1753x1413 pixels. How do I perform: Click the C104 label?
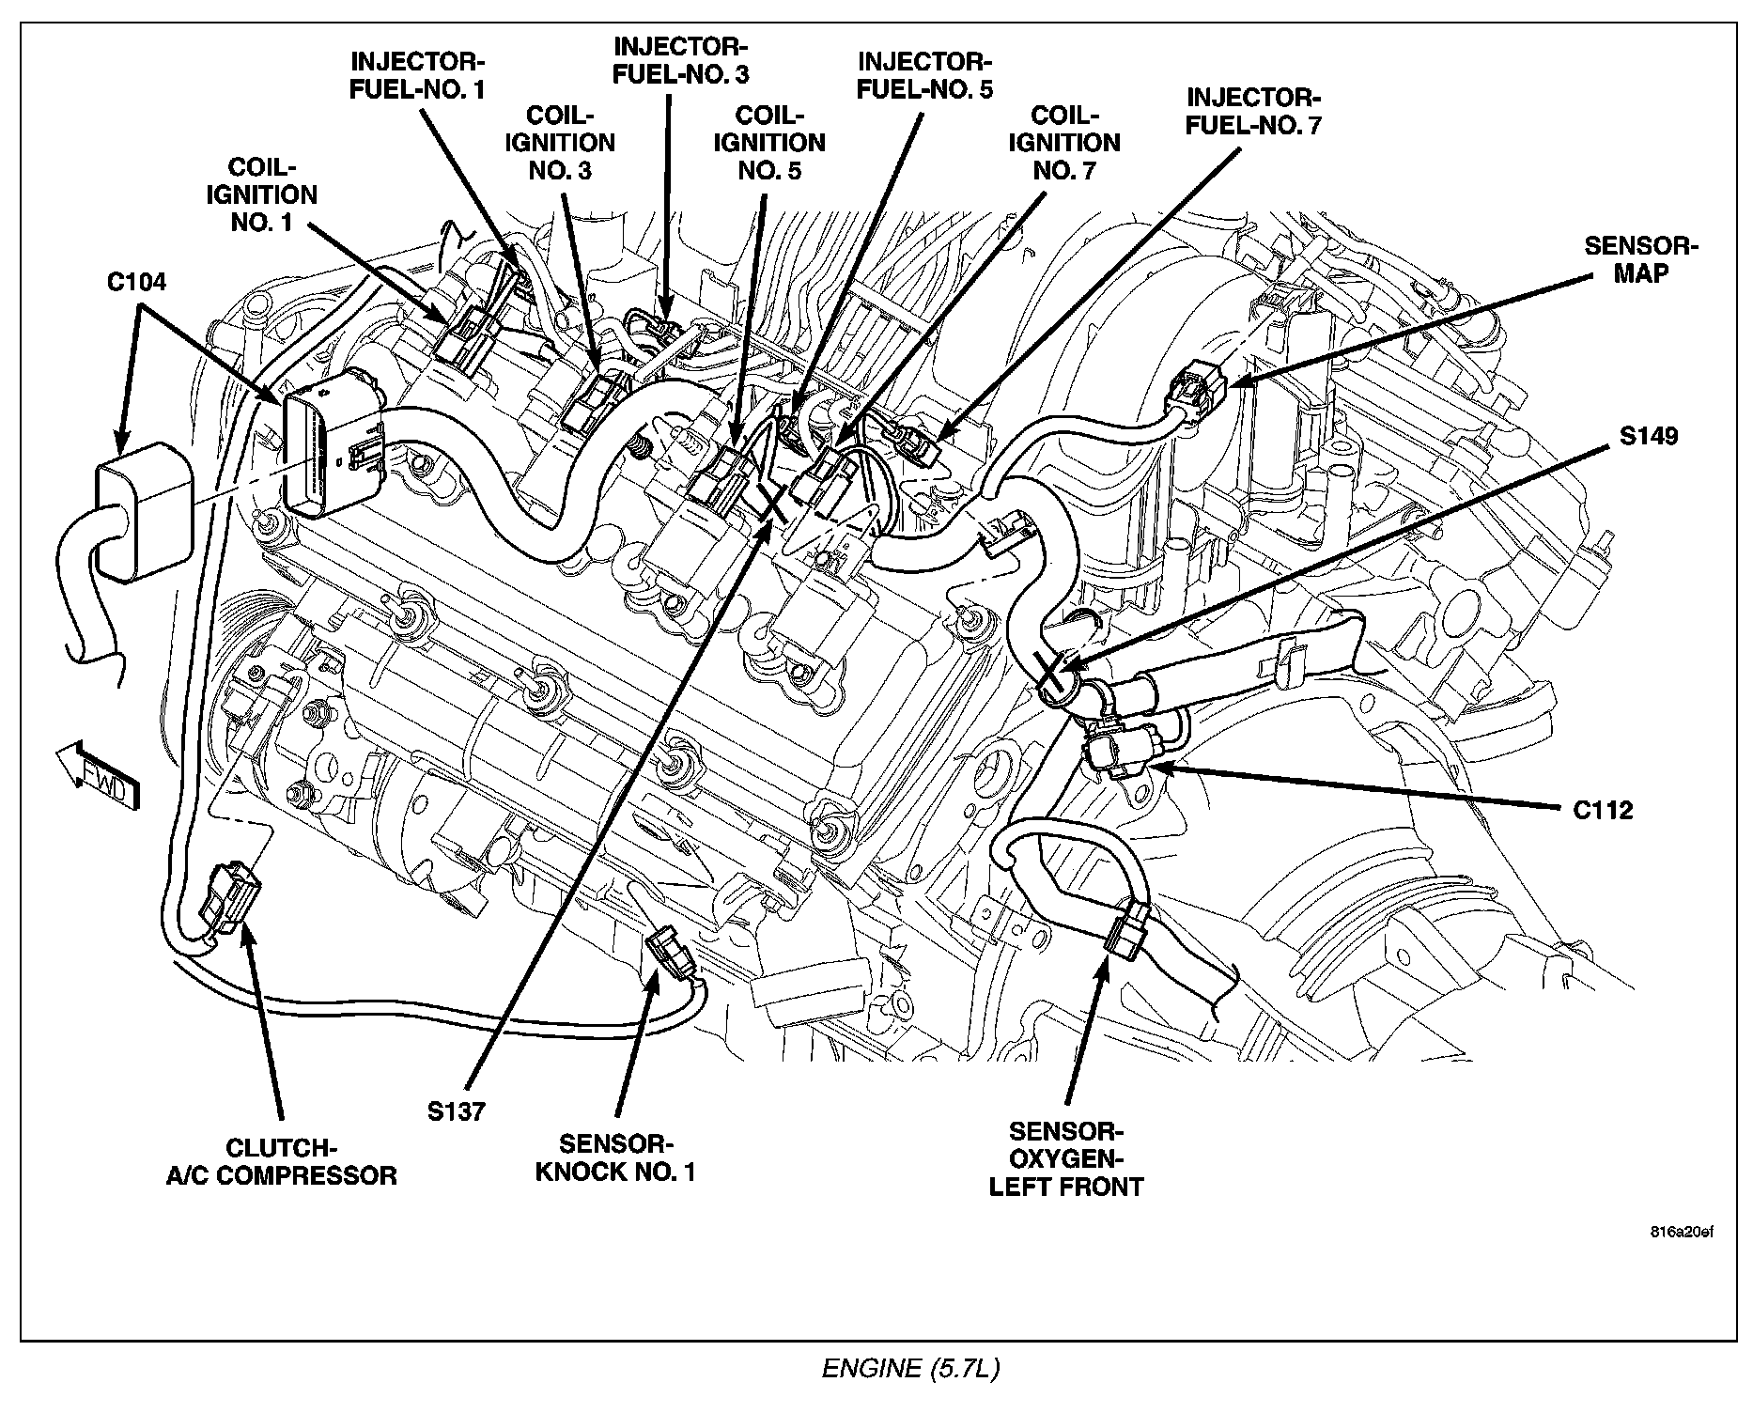(137, 281)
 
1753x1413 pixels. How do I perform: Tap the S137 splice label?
(457, 1111)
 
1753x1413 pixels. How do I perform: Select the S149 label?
(1649, 436)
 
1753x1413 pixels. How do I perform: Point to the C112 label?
(1604, 810)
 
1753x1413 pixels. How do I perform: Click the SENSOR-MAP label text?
(1641, 259)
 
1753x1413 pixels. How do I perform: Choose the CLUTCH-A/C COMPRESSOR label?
(281, 1161)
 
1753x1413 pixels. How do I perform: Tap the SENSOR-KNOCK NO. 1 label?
(615, 1157)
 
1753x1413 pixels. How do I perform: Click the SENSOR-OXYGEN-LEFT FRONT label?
(1066, 1159)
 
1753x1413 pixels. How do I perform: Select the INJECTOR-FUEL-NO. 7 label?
(1253, 111)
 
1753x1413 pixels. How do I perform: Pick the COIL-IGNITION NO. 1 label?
(261, 194)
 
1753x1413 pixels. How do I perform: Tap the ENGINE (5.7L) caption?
(910, 1369)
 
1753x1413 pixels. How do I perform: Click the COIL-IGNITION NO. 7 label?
(1064, 143)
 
